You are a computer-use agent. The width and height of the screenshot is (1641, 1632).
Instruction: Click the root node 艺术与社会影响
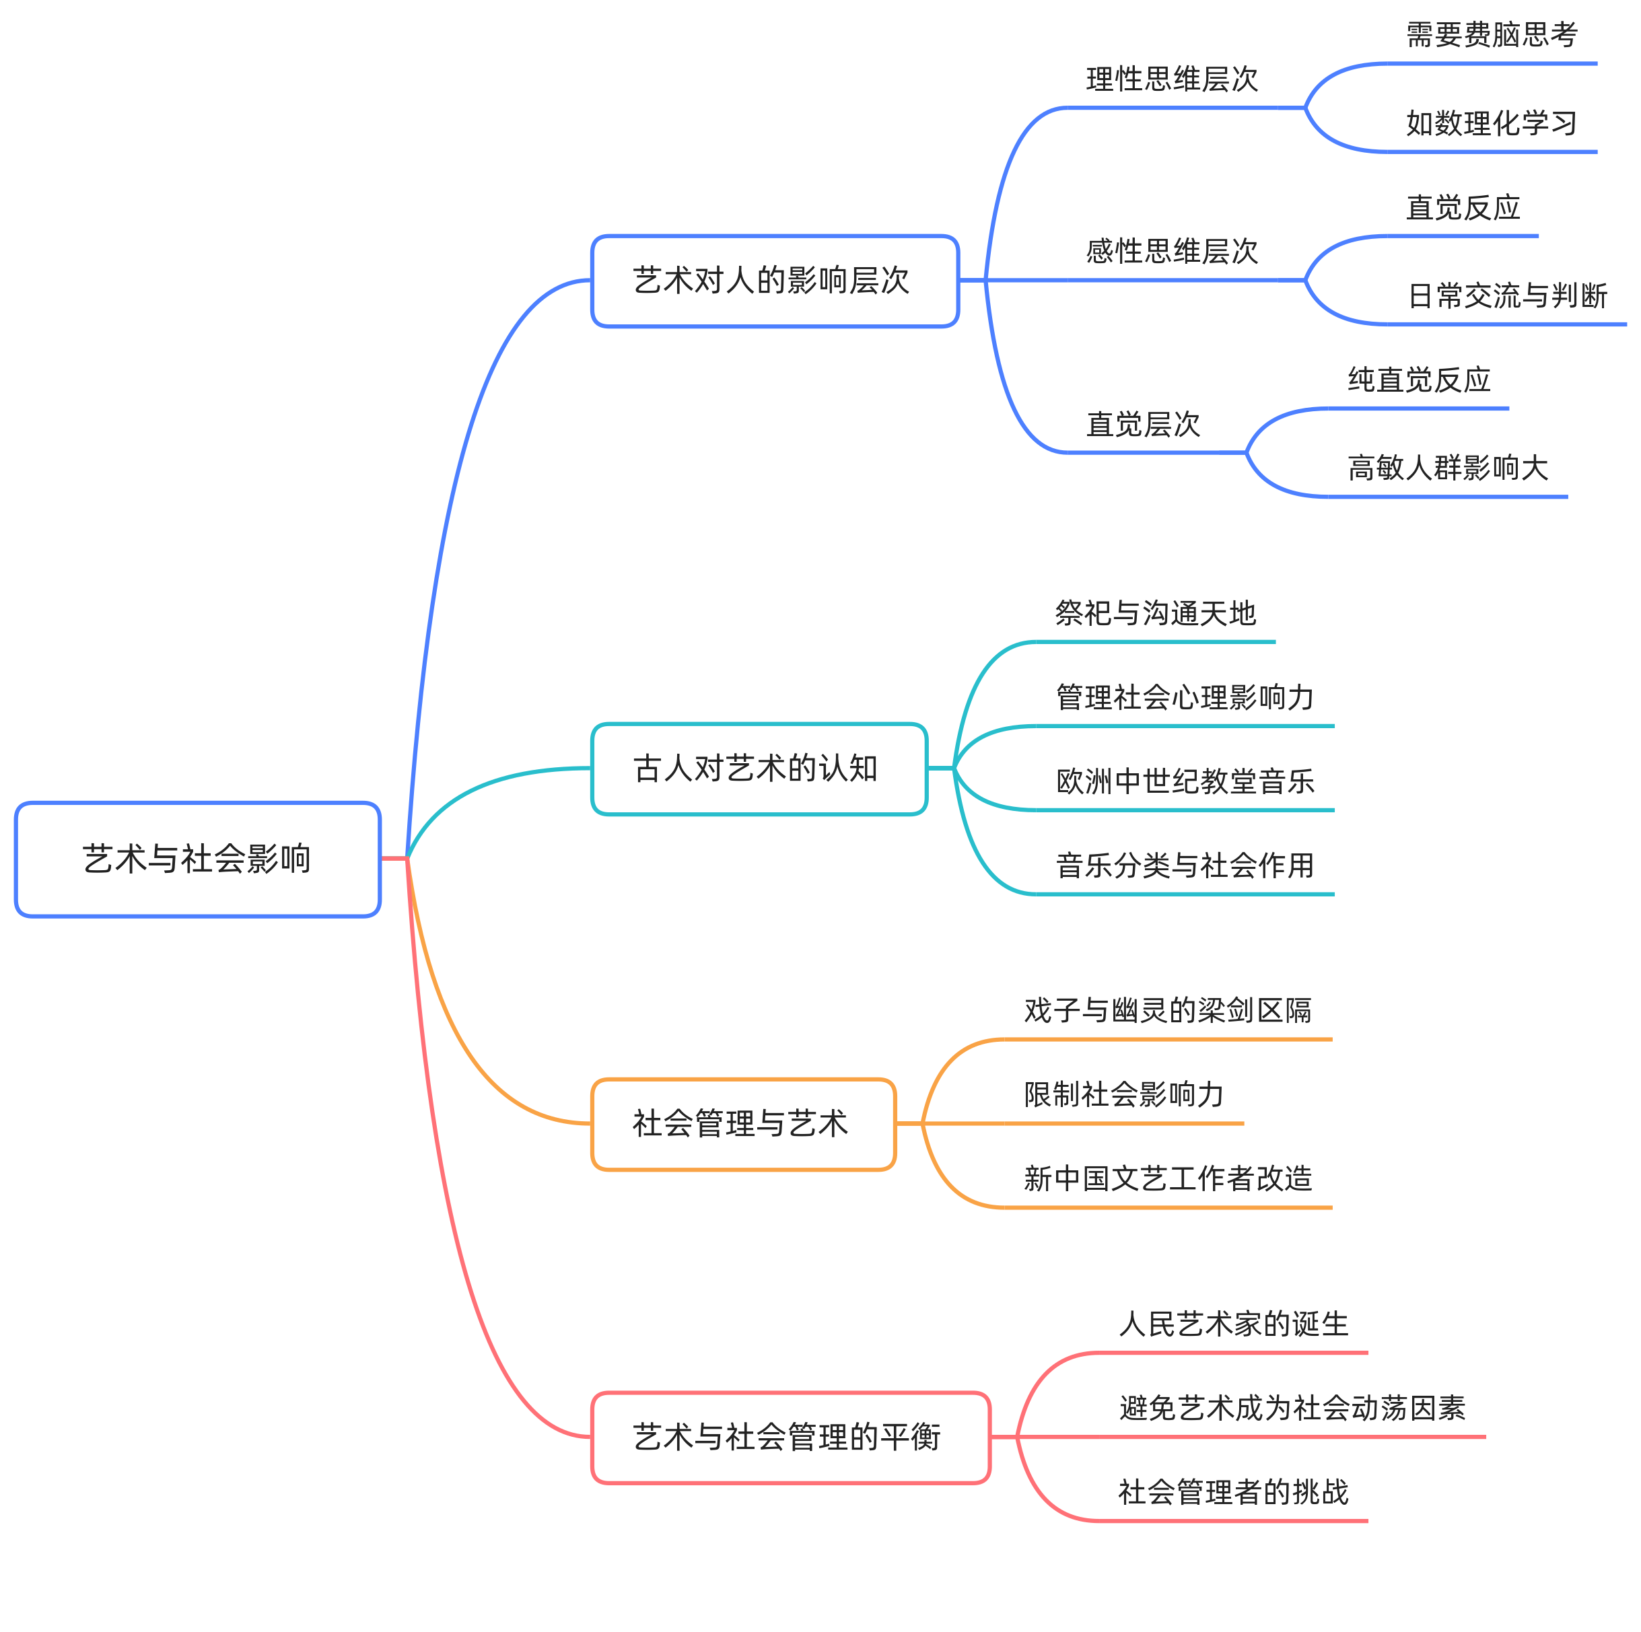[197, 859]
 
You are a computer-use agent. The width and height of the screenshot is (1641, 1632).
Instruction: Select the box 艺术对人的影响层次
[775, 281]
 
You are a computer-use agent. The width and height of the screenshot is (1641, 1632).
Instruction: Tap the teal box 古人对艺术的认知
[759, 769]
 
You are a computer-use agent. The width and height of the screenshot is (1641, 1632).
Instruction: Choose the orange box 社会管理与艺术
[743, 1124]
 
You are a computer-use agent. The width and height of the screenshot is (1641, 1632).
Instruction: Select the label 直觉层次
[1144, 425]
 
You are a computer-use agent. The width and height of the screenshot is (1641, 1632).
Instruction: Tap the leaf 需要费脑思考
[1492, 36]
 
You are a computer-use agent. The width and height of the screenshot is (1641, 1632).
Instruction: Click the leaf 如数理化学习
[1492, 124]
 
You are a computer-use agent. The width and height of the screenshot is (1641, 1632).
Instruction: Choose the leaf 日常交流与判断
[1508, 296]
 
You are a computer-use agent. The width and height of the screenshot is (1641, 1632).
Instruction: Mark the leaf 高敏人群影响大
[1448, 468]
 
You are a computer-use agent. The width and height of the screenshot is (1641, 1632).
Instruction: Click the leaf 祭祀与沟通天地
[1155, 613]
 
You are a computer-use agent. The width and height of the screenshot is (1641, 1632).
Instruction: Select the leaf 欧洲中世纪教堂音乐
[1185, 781]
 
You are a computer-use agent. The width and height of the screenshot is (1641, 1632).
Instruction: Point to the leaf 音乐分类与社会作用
[1185, 866]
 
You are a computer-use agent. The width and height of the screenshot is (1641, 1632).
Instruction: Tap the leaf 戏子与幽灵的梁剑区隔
[1168, 1010]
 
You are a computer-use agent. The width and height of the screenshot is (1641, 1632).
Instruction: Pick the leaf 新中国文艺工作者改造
[1168, 1178]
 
